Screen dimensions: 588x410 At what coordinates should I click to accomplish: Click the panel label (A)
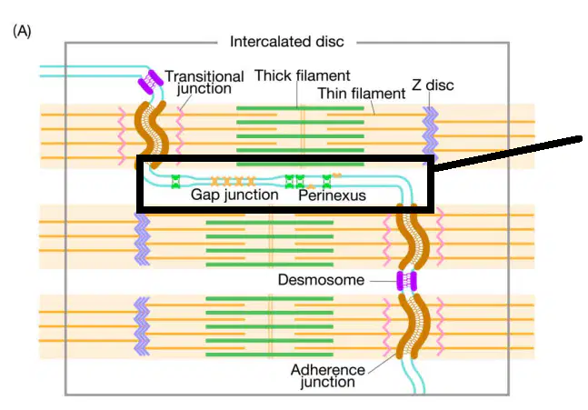click(22, 31)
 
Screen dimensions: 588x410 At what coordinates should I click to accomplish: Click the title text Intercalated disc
click(287, 42)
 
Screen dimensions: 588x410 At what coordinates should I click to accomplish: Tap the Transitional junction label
click(204, 82)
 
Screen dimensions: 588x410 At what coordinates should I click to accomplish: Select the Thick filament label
click(303, 75)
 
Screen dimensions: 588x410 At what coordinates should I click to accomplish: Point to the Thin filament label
click(362, 94)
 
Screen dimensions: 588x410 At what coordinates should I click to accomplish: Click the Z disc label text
click(433, 85)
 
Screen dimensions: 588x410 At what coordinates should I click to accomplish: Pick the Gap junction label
click(234, 195)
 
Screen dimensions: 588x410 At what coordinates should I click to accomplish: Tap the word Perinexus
click(333, 195)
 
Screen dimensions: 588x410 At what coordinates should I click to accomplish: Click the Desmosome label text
click(321, 280)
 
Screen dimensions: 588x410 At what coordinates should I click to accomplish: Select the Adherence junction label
click(328, 375)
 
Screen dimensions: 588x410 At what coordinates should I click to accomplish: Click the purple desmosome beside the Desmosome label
click(406, 281)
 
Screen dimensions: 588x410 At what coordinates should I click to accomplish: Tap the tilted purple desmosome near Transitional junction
click(150, 82)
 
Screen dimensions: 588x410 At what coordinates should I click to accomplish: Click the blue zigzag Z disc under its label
click(430, 130)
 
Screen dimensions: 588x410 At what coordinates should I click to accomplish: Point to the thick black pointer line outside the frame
click(508, 155)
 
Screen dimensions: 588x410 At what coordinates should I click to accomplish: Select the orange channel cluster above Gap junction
click(233, 182)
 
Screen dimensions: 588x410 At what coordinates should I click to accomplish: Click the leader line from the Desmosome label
click(383, 281)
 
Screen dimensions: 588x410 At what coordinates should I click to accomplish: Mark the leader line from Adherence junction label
click(382, 363)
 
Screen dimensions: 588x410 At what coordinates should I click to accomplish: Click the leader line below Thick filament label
click(297, 95)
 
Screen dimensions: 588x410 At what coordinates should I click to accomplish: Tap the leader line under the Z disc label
click(429, 100)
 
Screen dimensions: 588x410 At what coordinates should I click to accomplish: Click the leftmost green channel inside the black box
click(175, 182)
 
